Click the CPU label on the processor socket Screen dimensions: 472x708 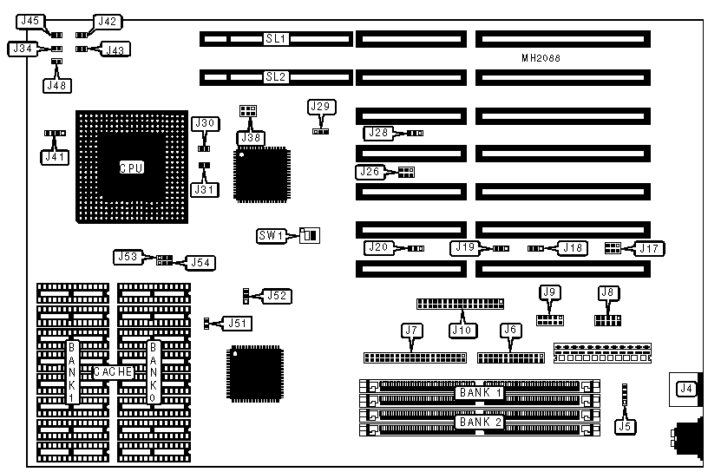[x=131, y=167]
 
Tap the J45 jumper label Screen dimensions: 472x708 [x=29, y=20]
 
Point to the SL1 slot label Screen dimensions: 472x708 [x=276, y=39]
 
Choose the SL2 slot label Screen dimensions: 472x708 [x=276, y=77]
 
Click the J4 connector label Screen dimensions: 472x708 [x=686, y=389]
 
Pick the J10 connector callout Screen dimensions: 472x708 [x=460, y=330]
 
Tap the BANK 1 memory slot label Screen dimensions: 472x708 [x=481, y=393]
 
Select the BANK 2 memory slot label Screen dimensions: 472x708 [x=481, y=423]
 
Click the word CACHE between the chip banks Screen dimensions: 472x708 [x=114, y=371]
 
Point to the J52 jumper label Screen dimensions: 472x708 [x=277, y=296]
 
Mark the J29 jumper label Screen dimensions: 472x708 [x=320, y=106]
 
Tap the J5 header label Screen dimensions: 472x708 [x=625, y=426]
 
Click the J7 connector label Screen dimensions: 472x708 [x=412, y=330]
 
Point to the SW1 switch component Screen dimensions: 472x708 [x=309, y=235]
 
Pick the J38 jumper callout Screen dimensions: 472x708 [x=249, y=137]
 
